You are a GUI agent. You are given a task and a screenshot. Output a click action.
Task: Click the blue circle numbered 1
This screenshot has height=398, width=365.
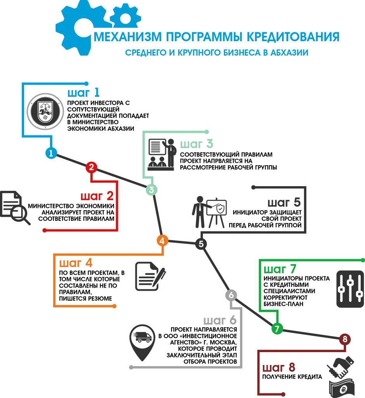coord(51,153)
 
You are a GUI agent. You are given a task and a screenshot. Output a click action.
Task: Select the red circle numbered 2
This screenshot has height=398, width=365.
coord(91,168)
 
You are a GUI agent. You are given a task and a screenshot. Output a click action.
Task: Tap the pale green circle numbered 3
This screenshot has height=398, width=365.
coord(152,190)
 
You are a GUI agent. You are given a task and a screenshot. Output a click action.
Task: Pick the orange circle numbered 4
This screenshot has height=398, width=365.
coord(162,241)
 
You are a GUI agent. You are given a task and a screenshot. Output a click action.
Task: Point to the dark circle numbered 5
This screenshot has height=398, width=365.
coord(201,244)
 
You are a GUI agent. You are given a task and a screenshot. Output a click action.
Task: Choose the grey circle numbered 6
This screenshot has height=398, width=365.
coord(231,295)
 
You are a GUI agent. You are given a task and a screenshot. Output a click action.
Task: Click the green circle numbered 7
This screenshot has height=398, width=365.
coord(277,329)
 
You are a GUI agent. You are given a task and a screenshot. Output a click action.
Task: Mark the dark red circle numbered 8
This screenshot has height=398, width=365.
coord(345,339)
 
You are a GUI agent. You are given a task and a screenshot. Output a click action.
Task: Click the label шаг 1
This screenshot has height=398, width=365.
coord(83,93)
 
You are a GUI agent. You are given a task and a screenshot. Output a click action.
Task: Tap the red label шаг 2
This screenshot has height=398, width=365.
coord(97,196)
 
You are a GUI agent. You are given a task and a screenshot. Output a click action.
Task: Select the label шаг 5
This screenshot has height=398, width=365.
coord(284,202)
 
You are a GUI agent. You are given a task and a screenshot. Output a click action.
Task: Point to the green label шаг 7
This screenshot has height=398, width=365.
coord(280,269)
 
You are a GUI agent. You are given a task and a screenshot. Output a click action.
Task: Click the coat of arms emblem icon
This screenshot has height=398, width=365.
coord(45,112)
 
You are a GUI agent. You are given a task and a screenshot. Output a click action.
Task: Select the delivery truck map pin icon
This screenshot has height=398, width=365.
coord(142,340)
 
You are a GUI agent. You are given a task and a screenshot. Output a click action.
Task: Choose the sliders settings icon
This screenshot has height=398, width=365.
coord(350,289)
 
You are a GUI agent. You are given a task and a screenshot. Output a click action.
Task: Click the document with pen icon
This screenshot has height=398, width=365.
coord(150,276)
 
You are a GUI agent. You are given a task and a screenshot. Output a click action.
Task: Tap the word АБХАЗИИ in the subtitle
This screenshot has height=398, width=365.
coord(289,53)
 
